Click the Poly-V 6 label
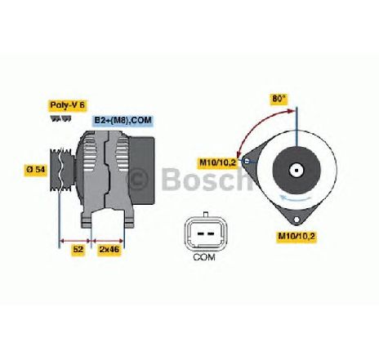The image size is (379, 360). (68, 105)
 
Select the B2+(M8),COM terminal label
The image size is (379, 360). (123, 120)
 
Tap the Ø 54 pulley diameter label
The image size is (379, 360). (36, 169)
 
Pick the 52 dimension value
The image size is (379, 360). (78, 249)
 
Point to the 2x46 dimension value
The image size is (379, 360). (109, 249)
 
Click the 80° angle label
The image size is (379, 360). (279, 99)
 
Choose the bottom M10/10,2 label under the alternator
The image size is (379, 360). (297, 236)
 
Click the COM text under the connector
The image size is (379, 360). (204, 257)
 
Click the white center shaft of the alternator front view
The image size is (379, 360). (297, 171)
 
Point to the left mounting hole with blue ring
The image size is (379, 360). (246, 161)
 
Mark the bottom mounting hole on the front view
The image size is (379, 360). (297, 220)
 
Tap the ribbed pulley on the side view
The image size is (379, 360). (62, 170)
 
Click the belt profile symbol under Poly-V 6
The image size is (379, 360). (61, 118)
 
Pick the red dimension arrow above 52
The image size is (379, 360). (75, 241)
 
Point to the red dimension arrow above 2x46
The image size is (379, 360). (108, 241)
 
